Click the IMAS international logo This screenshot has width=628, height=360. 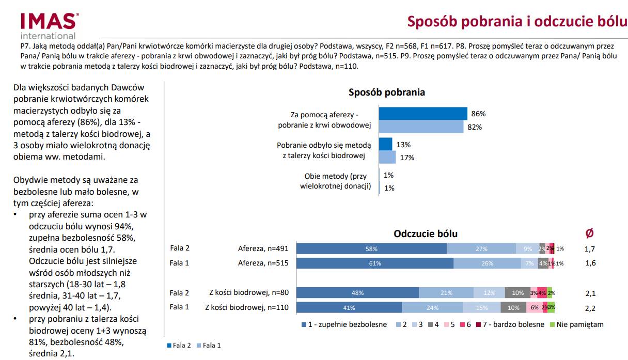pyautogui.click(x=50, y=25)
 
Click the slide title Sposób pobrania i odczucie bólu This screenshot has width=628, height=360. pyautogui.click(x=517, y=22)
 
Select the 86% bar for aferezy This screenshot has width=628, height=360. pyautogui.click(x=423, y=114)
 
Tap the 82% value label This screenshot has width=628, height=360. pyautogui.click(x=475, y=127)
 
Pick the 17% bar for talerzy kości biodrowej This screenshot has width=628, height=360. pyautogui.click(x=387, y=158)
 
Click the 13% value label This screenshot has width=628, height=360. pyautogui.click(x=403, y=145)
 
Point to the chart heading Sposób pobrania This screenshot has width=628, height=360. pyautogui.click(x=387, y=92)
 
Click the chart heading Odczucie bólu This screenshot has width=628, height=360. pyautogui.click(x=426, y=233)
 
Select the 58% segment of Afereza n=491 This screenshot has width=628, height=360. pyautogui.click(x=371, y=248)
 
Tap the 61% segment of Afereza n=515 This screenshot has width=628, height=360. pyautogui.click(x=375, y=263)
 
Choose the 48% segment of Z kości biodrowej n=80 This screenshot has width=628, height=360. pyautogui.click(x=357, y=293)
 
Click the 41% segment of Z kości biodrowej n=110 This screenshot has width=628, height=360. pyautogui.click(x=349, y=307)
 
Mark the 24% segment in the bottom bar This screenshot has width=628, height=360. pyautogui.click(x=432, y=307)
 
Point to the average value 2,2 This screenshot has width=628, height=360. pyautogui.click(x=590, y=308)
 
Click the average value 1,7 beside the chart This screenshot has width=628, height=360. pyautogui.click(x=590, y=249)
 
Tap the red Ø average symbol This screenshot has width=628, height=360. pyautogui.click(x=589, y=233)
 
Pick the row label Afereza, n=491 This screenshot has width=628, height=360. pyautogui.click(x=263, y=248)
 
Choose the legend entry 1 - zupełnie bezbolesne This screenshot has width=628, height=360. pyautogui.click(x=343, y=325)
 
